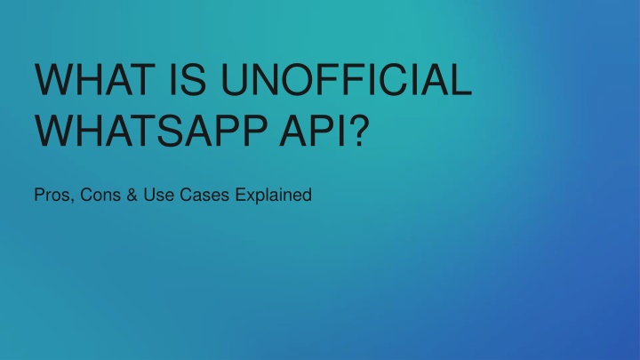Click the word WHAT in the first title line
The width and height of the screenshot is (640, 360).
coord(95,79)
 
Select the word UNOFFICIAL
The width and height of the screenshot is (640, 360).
coord(347,79)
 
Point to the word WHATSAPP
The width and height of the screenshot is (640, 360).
coord(151,131)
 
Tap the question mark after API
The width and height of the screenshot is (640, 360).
coord(359,131)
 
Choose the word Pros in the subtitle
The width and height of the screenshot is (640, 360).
coord(52,195)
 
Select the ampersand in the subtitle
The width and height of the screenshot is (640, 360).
coord(132,195)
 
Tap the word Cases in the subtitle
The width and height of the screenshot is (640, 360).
coord(204,195)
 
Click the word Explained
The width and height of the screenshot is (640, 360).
coord(274,196)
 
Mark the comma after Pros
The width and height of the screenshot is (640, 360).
coord(72,201)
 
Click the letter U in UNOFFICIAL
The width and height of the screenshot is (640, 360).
coord(235,80)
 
